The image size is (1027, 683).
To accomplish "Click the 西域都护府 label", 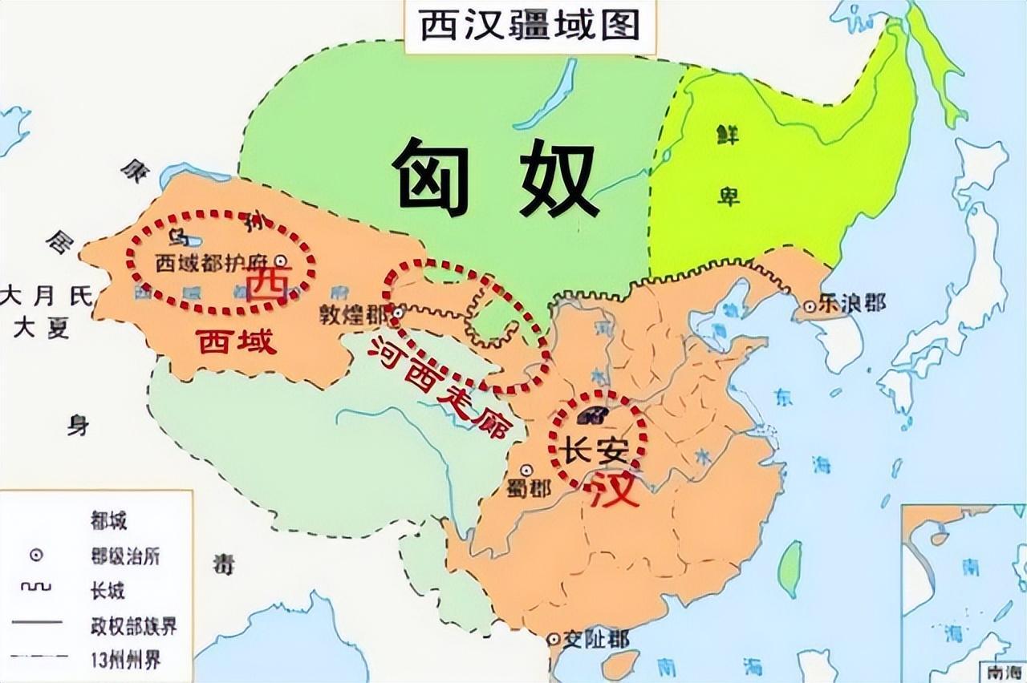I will [213, 263].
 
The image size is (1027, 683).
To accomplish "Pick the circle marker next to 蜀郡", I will [526, 471].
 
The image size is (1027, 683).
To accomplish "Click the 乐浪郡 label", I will [852, 303].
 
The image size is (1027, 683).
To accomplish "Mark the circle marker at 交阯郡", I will [553, 640].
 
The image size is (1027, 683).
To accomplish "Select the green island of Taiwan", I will [790, 567].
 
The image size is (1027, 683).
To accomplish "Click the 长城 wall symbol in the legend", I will [36, 588].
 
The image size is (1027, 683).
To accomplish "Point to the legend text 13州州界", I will [126, 660].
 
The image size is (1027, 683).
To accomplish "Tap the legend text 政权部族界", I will [131, 624].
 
